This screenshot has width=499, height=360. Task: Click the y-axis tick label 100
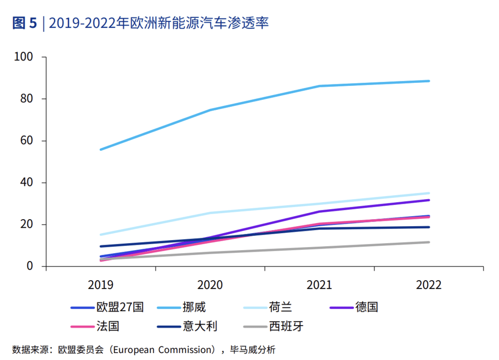click(x=23, y=57)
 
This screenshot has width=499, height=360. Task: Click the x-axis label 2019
click(x=101, y=285)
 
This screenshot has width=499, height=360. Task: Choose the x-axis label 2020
click(x=210, y=285)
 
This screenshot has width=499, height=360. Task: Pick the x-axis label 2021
click(x=319, y=285)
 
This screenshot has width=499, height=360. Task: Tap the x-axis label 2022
click(x=429, y=285)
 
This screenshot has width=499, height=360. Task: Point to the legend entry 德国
click(x=367, y=307)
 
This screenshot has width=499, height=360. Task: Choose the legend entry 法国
click(x=108, y=327)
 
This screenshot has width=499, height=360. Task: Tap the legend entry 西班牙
click(x=286, y=327)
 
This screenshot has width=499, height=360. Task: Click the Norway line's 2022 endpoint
click(x=429, y=81)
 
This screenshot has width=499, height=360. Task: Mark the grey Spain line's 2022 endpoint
click(x=429, y=242)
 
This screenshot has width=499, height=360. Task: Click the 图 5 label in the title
click(x=24, y=23)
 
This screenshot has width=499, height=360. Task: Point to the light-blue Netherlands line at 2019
click(x=101, y=234)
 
